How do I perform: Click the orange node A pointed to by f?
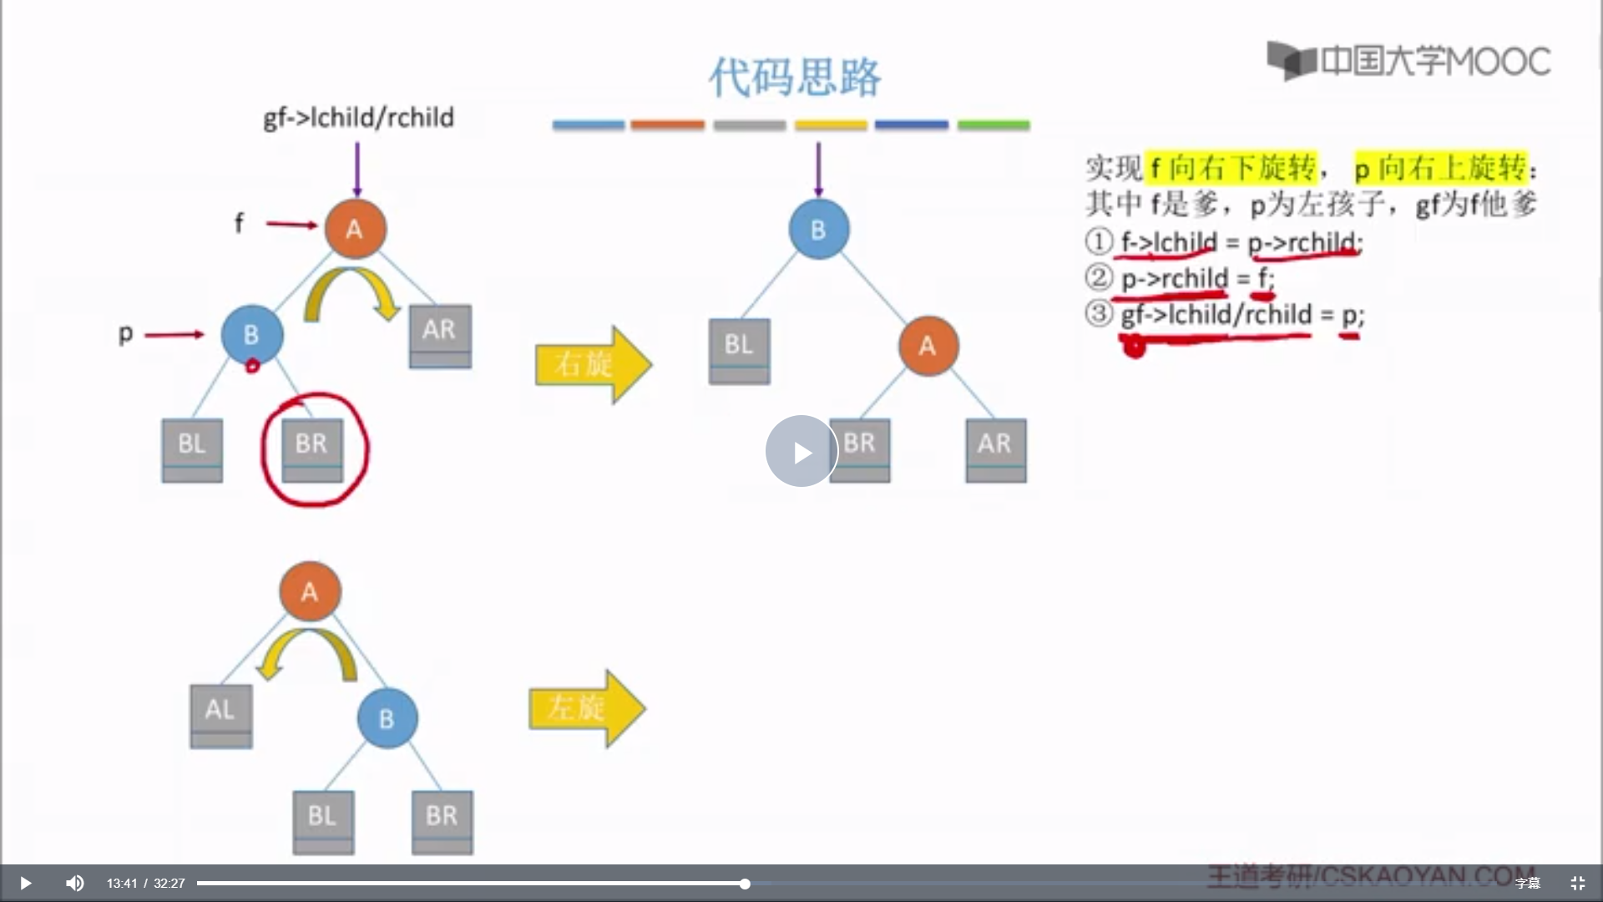pos(355,229)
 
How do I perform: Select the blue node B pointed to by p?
pos(251,334)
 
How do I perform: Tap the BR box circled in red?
pos(312,448)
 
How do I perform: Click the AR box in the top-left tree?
pos(440,335)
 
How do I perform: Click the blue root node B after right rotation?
pos(818,229)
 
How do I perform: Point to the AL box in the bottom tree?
pos(220,715)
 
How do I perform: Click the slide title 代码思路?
pos(794,78)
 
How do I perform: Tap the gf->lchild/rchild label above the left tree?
pos(359,118)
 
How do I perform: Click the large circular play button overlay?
pos(801,451)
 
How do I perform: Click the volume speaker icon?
pos(74,883)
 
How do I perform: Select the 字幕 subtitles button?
pos(1527,883)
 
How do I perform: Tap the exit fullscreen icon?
pos(1577,883)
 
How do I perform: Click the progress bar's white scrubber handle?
pos(745,884)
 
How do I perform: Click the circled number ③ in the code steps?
pos(1099,314)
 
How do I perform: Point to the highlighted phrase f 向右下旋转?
pos(1231,168)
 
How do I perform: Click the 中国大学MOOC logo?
pos(1409,61)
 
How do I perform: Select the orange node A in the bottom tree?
pos(310,591)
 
